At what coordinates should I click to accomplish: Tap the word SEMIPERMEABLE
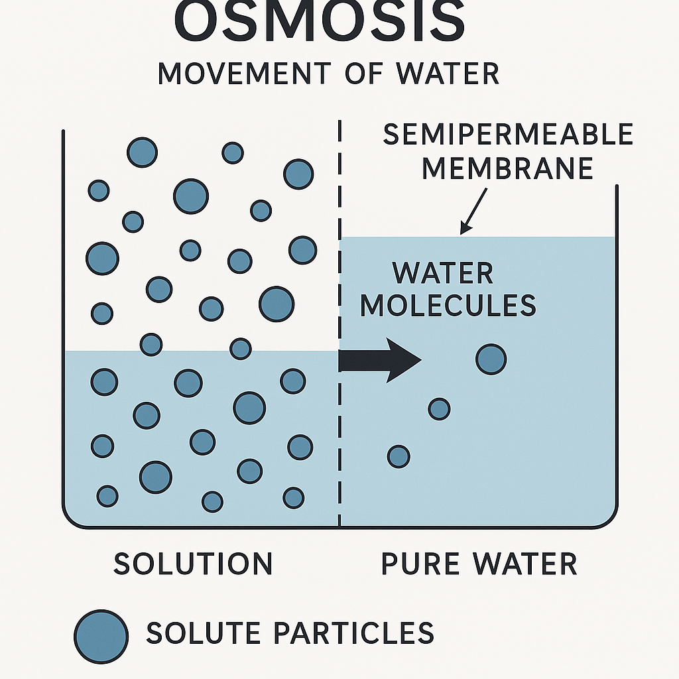(x=508, y=135)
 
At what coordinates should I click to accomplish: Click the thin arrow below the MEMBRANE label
(x=474, y=209)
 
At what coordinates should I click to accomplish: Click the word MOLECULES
(x=448, y=306)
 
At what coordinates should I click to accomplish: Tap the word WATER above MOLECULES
(x=442, y=273)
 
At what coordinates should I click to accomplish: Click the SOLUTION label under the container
(x=193, y=564)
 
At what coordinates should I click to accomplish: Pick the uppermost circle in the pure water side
(x=491, y=359)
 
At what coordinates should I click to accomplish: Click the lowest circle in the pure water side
(x=399, y=456)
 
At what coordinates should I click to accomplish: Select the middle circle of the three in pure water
(x=439, y=408)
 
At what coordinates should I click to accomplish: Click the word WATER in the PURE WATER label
(x=525, y=564)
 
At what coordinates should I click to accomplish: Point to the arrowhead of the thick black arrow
(x=405, y=360)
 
